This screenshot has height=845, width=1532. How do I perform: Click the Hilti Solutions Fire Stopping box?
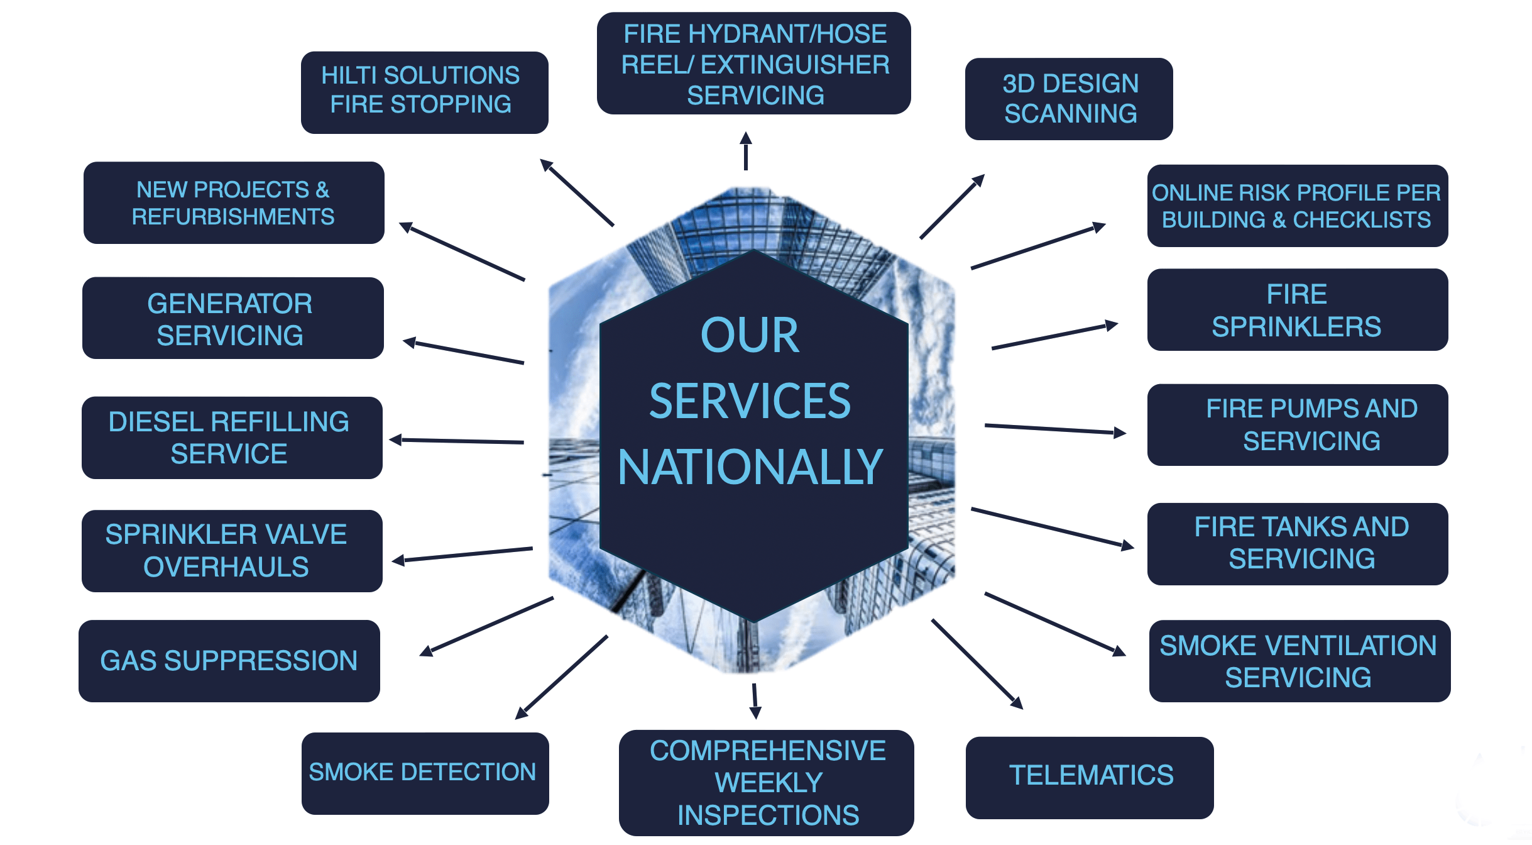(424, 92)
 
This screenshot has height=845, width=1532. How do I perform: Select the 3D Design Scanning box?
(1068, 99)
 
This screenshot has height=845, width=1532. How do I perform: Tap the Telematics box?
(1089, 777)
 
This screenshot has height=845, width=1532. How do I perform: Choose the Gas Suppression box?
(229, 661)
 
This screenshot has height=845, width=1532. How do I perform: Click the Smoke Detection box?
(425, 773)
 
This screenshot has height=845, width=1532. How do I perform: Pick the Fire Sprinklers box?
(1297, 309)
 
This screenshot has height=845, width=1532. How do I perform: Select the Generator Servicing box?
(233, 318)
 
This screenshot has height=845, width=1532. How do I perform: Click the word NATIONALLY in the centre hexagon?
(750, 467)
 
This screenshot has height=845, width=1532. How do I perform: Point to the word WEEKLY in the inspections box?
(768, 783)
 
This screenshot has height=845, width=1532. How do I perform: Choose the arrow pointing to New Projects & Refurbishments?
(462, 251)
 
